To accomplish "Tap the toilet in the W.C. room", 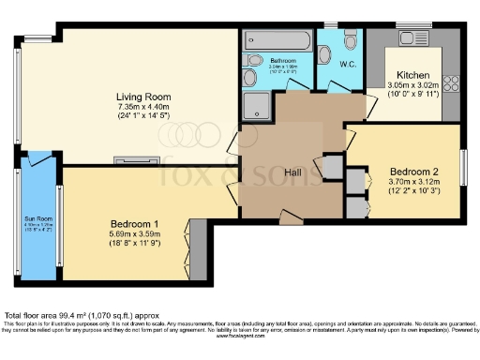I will point(350,41).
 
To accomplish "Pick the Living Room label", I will point(142,97).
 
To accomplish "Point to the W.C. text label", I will point(347,65).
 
